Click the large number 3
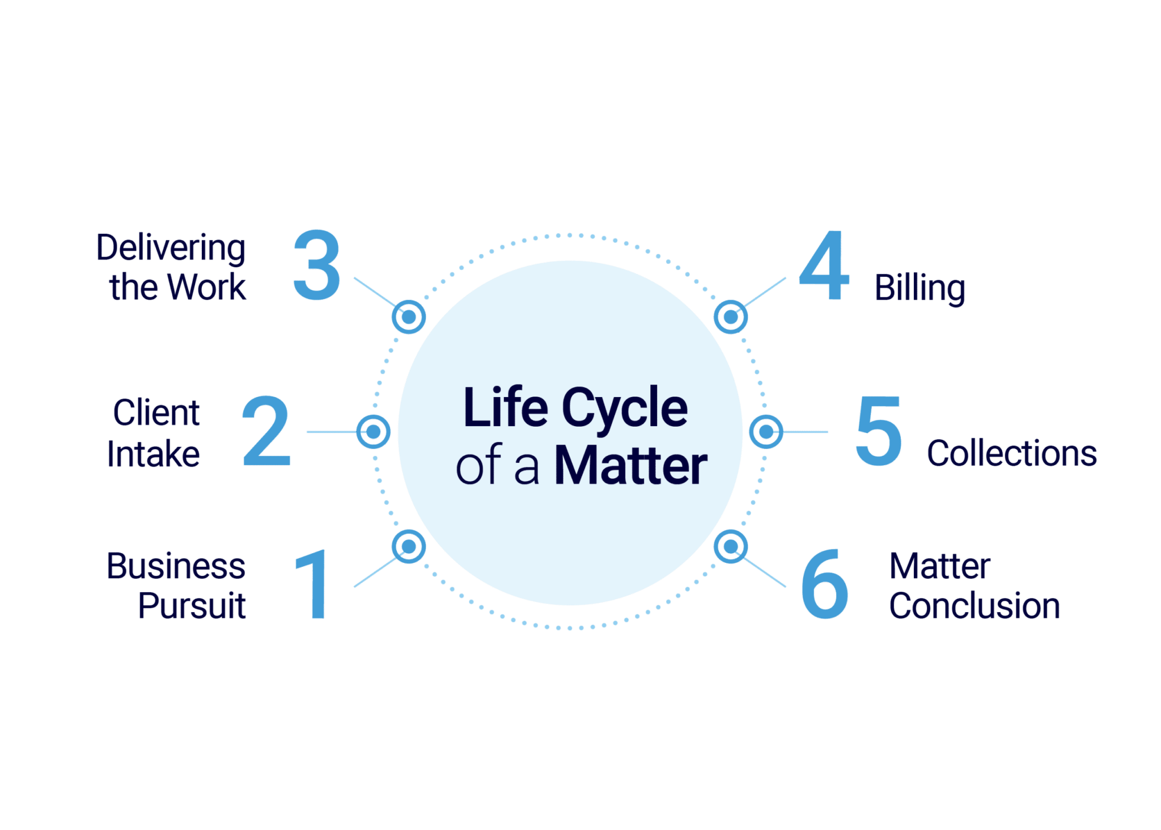[317, 265]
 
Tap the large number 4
[824, 266]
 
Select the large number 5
[878, 431]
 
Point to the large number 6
[825, 584]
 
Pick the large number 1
[313, 584]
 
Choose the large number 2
[266, 431]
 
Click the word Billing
[920, 288]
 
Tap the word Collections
[1012, 453]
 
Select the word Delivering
[171, 248]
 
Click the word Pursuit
[192, 605]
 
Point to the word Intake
[154, 454]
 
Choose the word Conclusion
[974, 605]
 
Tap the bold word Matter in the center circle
[631, 466]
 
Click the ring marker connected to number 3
[408, 317]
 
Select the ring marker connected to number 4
[731, 317]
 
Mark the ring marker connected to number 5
[766, 432]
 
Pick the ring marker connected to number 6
[731, 546]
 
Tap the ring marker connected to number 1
[408, 546]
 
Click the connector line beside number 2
[331, 432]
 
